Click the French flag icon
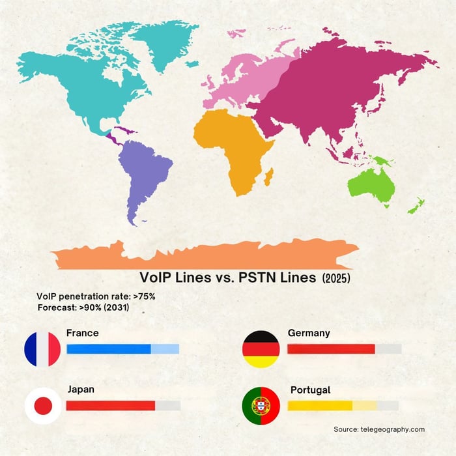point(42,349)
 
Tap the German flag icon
point(261,349)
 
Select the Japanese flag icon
point(43,406)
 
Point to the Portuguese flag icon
point(261,406)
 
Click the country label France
point(83,333)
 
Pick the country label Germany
point(309,333)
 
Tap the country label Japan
point(81,390)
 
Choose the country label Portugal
point(311,390)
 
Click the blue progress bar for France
point(109,349)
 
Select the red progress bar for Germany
point(331,349)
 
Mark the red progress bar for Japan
point(111,406)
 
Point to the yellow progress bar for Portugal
point(320,406)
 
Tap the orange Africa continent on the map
point(235,143)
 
